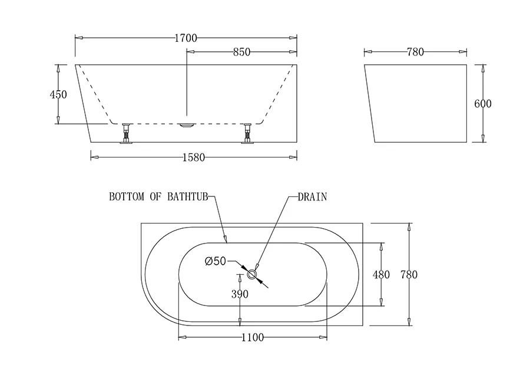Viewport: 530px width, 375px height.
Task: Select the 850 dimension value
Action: pos(241,52)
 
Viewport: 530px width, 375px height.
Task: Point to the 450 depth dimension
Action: pos(58,94)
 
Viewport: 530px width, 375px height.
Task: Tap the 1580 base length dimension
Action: pos(193,157)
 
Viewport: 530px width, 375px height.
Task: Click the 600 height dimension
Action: pos(483,104)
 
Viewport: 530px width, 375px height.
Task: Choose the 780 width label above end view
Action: pos(415,52)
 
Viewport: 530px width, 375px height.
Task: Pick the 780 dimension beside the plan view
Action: pos(409,275)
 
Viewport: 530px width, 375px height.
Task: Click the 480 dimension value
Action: pos(382,275)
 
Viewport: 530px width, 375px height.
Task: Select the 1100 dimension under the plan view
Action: pos(252,338)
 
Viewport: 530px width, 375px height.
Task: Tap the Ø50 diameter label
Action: pos(216,261)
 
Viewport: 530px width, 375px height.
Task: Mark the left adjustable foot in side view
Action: pos(126,133)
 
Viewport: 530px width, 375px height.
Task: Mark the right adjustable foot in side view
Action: pos(247,133)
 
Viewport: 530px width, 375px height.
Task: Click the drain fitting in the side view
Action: pos(187,125)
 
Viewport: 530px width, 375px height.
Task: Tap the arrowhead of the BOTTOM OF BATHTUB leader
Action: pos(226,239)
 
